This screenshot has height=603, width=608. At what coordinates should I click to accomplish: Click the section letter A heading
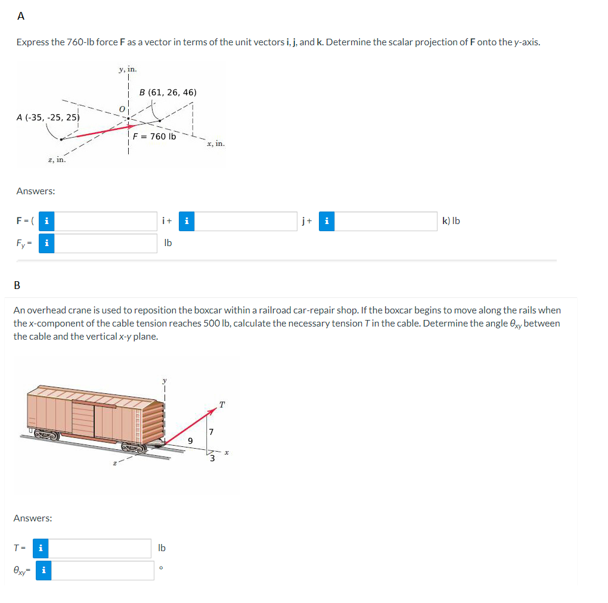pyautogui.click(x=21, y=17)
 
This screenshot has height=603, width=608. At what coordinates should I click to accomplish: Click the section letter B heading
pyautogui.click(x=17, y=285)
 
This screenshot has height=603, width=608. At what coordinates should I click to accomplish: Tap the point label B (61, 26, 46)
pyautogui.click(x=167, y=92)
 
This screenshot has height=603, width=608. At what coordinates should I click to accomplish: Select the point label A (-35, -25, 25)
pyautogui.click(x=48, y=117)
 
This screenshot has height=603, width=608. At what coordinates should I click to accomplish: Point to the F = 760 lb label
pyautogui.click(x=154, y=136)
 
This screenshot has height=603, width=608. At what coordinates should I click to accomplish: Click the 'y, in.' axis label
pyautogui.click(x=128, y=69)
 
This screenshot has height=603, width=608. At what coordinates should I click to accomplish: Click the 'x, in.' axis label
pyautogui.click(x=215, y=144)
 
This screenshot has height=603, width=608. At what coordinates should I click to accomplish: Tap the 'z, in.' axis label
pyautogui.click(x=57, y=159)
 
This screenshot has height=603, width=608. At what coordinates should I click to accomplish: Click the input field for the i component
pyautogui.click(x=107, y=221)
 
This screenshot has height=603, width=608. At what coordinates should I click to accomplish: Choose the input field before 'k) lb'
pyautogui.click(x=386, y=221)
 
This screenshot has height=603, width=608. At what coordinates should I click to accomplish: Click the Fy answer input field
pyautogui.click(x=107, y=243)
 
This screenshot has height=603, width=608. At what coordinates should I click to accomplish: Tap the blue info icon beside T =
pyautogui.click(x=41, y=548)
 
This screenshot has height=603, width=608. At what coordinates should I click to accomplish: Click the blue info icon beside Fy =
pyautogui.click(x=47, y=243)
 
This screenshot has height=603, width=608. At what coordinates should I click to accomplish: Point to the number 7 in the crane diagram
pyautogui.click(x=211, y=431)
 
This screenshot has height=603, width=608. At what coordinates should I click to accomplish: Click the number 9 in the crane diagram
pyautogui.click(x=190, y=441)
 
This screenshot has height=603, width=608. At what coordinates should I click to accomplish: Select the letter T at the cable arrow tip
pyautogui.click(x=222, y=405)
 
